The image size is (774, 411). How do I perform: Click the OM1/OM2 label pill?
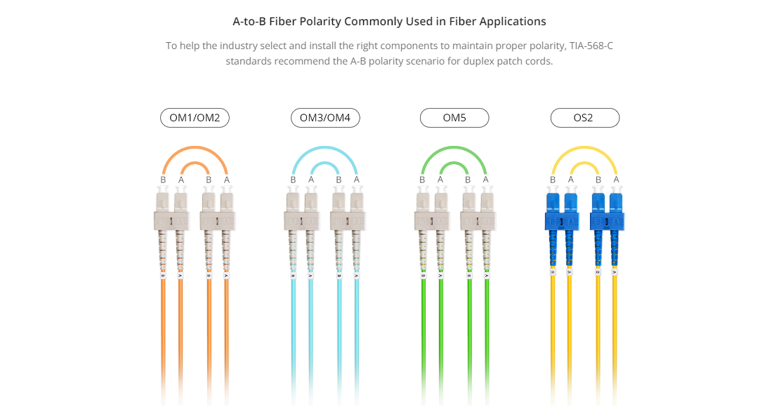tap(195, 118)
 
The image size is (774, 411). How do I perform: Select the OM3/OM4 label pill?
tap(325, 118)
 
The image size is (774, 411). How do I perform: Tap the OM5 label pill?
tap(454, 118)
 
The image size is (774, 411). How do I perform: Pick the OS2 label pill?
tap(585, 118)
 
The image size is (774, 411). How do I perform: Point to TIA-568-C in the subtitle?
tap(591, 46)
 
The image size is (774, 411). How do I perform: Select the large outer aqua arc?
tap(324, 147)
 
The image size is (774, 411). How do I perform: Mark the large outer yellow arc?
tap(584, 147)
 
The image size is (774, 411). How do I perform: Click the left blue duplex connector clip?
tap(562, 221)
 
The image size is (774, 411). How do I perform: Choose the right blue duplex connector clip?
tap(607, 221)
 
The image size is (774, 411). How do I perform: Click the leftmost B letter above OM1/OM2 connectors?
tap(163, 180)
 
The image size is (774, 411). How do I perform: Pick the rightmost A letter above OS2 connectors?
tap(616, 180)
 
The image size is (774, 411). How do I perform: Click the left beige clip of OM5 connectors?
tap(432, 221)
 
